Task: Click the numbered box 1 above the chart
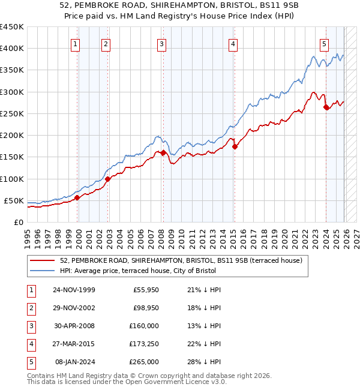[x=76, y=44]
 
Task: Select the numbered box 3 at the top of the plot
[x=162, y=44]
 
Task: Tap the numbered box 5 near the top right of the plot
[x=324, y=44]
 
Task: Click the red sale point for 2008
[x=163, y=152]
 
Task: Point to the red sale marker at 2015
[x=235, y=146]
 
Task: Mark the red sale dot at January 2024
[x=326, y=107]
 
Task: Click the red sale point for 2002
[x=108, y=179]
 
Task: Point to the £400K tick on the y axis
[x=12, y=49]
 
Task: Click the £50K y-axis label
[x=14, y=200]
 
